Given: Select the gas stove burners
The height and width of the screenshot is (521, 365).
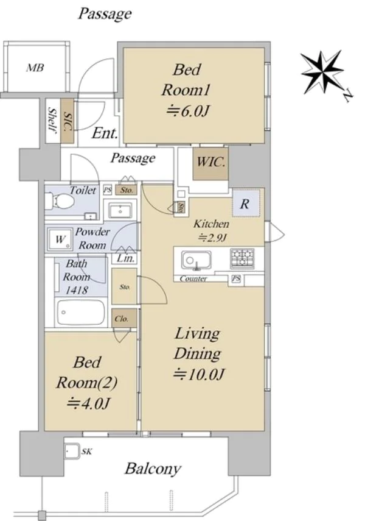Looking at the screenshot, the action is pyautogui.click(x=242, y=258).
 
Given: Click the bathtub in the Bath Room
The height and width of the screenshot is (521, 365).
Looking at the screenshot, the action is pyautogui.click(x=81, y=313).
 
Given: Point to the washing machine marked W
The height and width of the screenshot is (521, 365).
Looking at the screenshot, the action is pyautogui.click(x=60, y=239).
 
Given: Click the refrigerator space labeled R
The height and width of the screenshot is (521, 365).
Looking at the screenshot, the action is pyautogui.click(x=246, y=204).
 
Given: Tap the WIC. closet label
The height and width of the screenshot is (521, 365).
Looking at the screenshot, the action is pyautogui.click(x=210, y=162).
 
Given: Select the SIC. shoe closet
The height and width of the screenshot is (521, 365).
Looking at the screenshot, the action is pyautogui.click(x=68, y=121).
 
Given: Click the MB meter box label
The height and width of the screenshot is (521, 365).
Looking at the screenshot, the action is pyautogui.click(x=35, y=68).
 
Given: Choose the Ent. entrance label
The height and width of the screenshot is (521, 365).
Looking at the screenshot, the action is pyautogui.click(x=105, y=133).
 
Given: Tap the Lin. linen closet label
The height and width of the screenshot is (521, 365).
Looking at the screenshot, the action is pyautogui.click(x=126, y=258).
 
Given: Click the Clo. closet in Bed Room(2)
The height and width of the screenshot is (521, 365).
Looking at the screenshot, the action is pyautogui.click(x=124, y=318).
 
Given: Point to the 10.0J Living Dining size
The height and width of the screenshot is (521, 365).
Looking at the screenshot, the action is pyautogui.click(x=199, y=375).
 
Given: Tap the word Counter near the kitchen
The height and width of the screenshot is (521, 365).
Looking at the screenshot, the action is pyautogui.click(x=193, y=278).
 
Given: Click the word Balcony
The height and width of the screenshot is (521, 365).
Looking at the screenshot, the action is pyautogui.click(x=153, y=469).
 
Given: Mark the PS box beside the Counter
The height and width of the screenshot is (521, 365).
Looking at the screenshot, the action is pyautogui.click(x=236, y=278).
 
